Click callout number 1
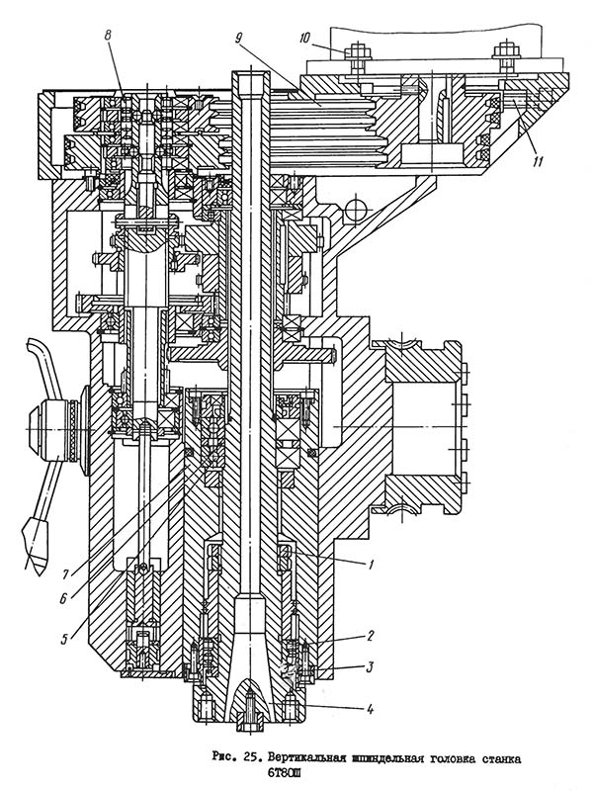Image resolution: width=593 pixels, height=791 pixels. (x=372, y=565)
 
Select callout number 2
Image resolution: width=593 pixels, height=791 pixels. (x=371, y=638)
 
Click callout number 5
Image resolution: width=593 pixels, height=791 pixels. (x=64, y=639)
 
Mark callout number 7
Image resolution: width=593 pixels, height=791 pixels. (x=64, y=571)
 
